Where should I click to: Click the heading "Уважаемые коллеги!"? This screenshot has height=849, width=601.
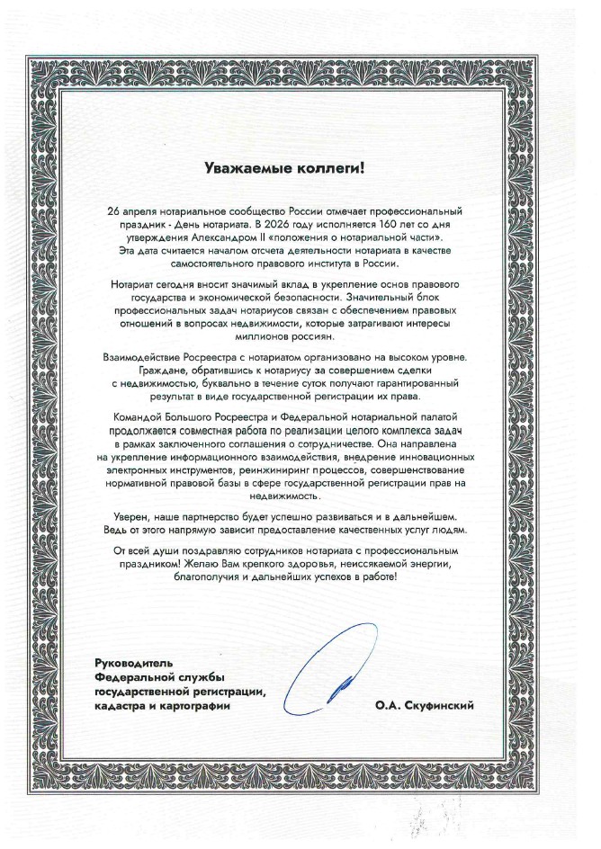coord(299,166)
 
